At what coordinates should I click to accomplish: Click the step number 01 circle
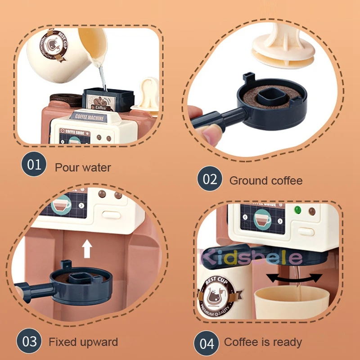[x=34, y=165]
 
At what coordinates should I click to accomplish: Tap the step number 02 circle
[x=210, y=180]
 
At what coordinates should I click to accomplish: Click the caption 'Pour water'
[x=83, y=168]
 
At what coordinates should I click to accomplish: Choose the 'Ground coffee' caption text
[x=265, y=181]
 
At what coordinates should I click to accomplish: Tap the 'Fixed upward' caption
[x=83, y=342]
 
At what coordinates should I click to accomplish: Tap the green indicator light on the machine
[x=297, y=210]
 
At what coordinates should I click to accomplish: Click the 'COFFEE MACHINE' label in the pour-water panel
[x=89, y=118]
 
